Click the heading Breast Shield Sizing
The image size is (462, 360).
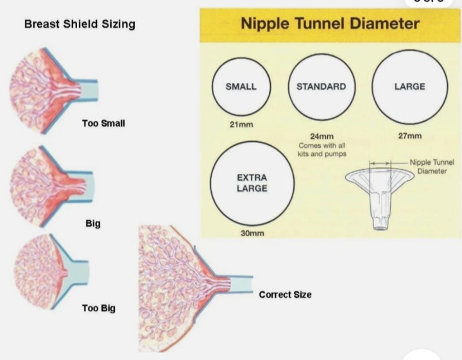coord(80,24)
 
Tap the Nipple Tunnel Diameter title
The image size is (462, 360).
coord(330,24)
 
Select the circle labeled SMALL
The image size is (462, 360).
coord(241,87)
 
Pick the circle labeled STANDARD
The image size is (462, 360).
coord(321,87)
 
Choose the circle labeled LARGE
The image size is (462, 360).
coord(409,87)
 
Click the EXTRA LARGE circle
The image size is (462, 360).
coord(252,183)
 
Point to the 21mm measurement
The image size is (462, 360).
coord(241,123)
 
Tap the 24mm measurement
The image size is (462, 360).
coord(321,137)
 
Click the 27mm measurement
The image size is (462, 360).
coord(409,136)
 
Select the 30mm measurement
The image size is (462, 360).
coord(252,234)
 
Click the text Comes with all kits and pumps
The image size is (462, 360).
coord(321,150)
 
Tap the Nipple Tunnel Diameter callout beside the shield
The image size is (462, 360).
coord(435,167)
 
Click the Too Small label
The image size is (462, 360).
coord(103,123)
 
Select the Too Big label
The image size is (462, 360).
coord(99,308)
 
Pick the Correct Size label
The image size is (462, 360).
coord(285,295)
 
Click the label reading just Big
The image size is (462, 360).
coord(92,224)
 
